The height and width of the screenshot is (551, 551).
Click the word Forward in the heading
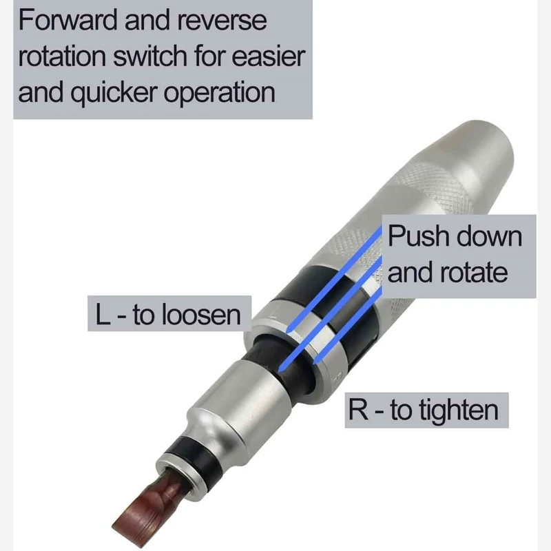click(67, 21)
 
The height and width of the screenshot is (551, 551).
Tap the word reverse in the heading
click(222, 21)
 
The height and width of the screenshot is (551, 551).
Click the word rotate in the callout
click(474, 273)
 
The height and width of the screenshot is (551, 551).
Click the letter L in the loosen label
click(102, 314)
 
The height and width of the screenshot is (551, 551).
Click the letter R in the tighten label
click(358, 410)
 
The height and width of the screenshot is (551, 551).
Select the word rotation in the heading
click(62, 56)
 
